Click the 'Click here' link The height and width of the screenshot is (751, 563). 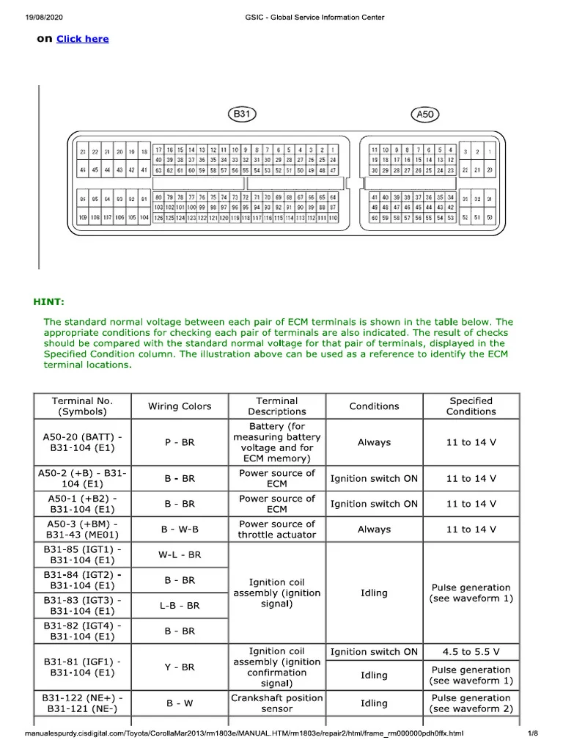click(82, 39)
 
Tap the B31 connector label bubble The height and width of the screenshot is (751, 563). click(241, 114)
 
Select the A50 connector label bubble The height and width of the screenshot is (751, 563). click(426, 114)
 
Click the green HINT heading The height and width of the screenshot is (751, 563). click(49, 301)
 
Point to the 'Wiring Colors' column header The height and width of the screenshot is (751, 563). click(180, 406)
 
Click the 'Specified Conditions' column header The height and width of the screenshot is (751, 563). click(471, 406)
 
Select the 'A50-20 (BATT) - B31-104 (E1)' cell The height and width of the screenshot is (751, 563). click(82, 442)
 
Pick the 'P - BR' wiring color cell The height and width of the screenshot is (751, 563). click(180, 442)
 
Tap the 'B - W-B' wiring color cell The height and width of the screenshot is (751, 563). click(180, 530)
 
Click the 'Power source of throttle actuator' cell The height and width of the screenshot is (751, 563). click(277, 530)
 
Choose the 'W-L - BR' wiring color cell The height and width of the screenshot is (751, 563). click(180, 555)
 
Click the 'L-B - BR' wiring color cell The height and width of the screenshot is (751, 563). click(180, 606)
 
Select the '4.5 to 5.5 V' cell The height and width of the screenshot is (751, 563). click(471, 651)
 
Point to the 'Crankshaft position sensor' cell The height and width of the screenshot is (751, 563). click(277, 703)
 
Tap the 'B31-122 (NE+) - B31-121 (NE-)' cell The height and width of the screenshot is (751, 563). click(82, 703)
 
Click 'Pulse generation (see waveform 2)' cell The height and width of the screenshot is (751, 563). click(471, 703)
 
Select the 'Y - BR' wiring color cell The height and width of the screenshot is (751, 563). click(180, 667)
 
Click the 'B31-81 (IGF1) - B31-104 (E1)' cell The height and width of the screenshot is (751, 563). click(82, 667)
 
